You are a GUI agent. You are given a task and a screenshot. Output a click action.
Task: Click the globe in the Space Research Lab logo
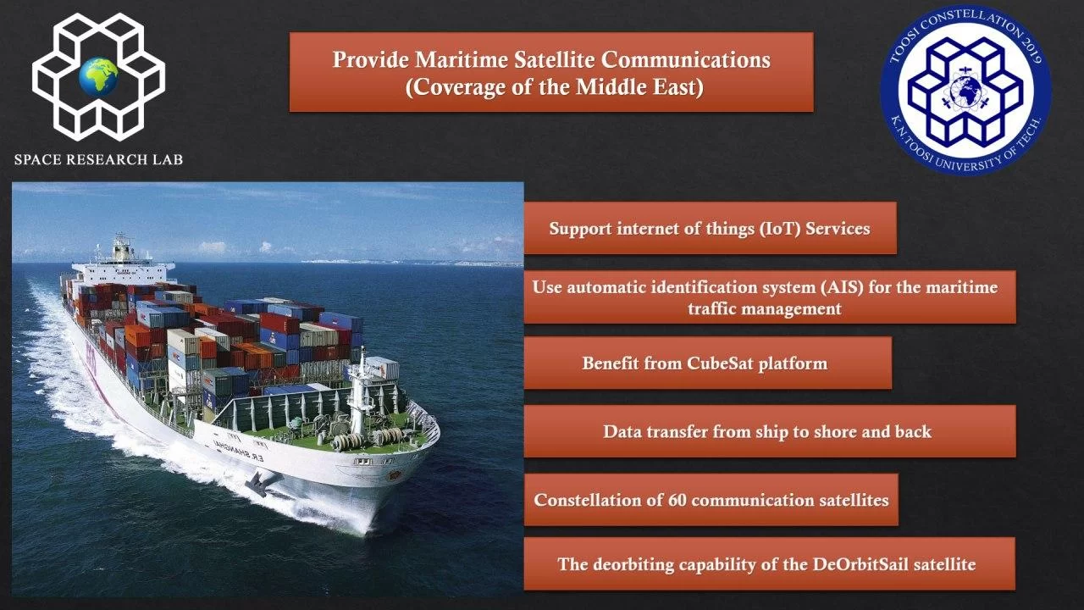click(x=99, y=76)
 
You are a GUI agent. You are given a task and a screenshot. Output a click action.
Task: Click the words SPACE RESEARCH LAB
click(x=99, y=159)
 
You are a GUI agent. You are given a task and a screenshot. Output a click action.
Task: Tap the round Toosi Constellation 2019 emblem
click(x=965, y=90)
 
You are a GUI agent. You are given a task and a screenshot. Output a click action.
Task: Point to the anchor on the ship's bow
click(x=259, y=482)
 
